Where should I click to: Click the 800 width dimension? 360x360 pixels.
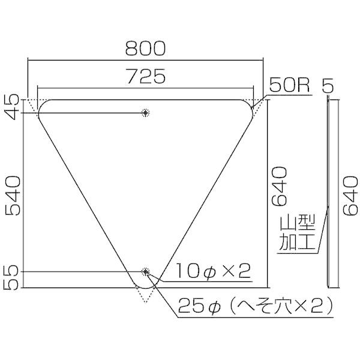(x=145, y=48)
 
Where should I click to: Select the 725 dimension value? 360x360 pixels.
(x=145, y=76)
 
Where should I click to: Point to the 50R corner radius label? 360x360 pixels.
(x=289, y=85)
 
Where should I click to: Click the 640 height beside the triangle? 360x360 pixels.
(x=281, y=185)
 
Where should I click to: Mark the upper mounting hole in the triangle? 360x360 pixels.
(x=145, y=112)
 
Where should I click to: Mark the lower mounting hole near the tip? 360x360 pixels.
(x=145, y=272)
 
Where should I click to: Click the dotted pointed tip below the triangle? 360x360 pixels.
(x=145, y=298)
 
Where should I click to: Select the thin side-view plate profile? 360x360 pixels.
(x=328, y=192)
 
